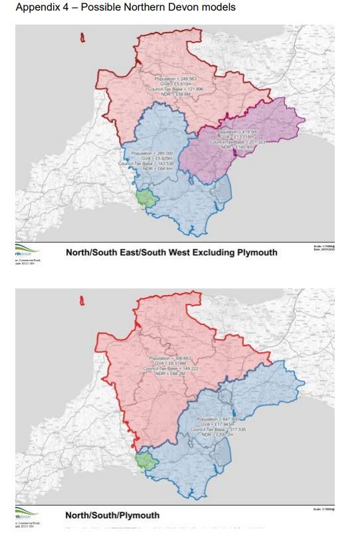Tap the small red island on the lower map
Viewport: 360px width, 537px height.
pos(82,300)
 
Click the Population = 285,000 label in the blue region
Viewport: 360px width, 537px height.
pos(152,154)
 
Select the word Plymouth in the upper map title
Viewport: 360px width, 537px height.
pos(254,253)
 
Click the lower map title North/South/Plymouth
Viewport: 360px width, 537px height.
pos(112,515)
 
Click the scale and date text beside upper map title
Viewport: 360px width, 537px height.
pos(323,248)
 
